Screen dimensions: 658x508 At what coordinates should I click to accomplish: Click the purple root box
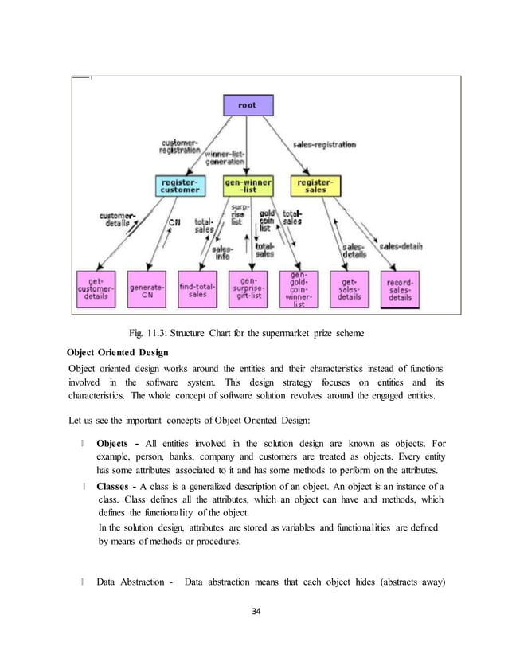pyautogui.click(x=247, y=104)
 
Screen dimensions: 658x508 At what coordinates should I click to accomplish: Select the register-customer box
pyautogui.click(x=180, y=186)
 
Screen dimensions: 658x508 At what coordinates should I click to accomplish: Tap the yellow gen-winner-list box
pyautogui.click(x=248, y=186)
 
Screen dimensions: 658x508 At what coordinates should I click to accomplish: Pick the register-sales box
pyautogui.click(x=314, y=186)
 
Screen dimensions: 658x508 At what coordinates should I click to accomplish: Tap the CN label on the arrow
pyautogui.click(x=174, y=224)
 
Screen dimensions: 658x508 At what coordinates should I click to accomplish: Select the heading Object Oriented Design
pyautogui.click(x=122, y=351)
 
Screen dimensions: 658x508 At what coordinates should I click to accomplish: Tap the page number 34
pyautogui.click(x=255, y=612)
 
